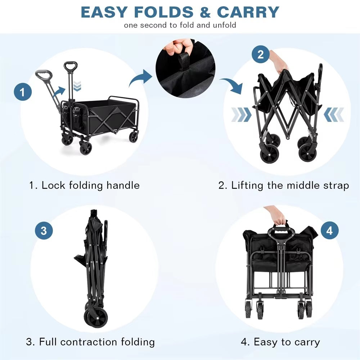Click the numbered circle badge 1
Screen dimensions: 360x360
tap(23, 92)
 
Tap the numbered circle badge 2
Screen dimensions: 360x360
tap(261, 54)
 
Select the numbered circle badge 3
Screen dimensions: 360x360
tap(44, 230)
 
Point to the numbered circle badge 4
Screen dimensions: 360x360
tap(330, 230)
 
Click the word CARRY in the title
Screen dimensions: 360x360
tap(248, 12)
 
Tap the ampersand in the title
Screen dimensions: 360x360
tap(205, 12)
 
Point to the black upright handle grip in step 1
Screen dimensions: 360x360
tap(71, 66)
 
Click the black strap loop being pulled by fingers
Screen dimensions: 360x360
tap(184, 61)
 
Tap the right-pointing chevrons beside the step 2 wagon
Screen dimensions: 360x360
tap(241, 114)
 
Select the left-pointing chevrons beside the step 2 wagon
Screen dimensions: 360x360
tap(334, 114)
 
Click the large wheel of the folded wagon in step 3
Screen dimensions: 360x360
tap(96, 319)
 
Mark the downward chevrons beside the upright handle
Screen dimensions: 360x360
tap(77, 86)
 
